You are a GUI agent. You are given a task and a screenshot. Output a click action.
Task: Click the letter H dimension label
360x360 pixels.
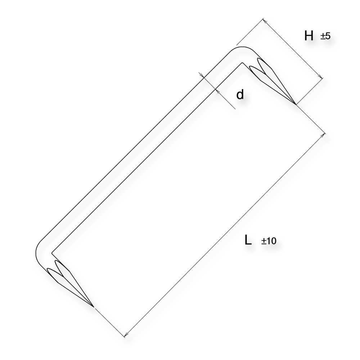coord(309,36)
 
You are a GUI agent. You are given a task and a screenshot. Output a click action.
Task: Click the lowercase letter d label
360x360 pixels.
coord(240,95)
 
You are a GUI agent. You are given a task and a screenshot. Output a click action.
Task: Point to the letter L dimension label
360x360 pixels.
coord(248,240)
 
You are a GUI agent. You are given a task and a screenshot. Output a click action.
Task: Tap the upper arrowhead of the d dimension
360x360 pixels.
coord(202,75)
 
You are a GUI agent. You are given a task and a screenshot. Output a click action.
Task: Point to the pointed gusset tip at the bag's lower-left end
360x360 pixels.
coord(100,309)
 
